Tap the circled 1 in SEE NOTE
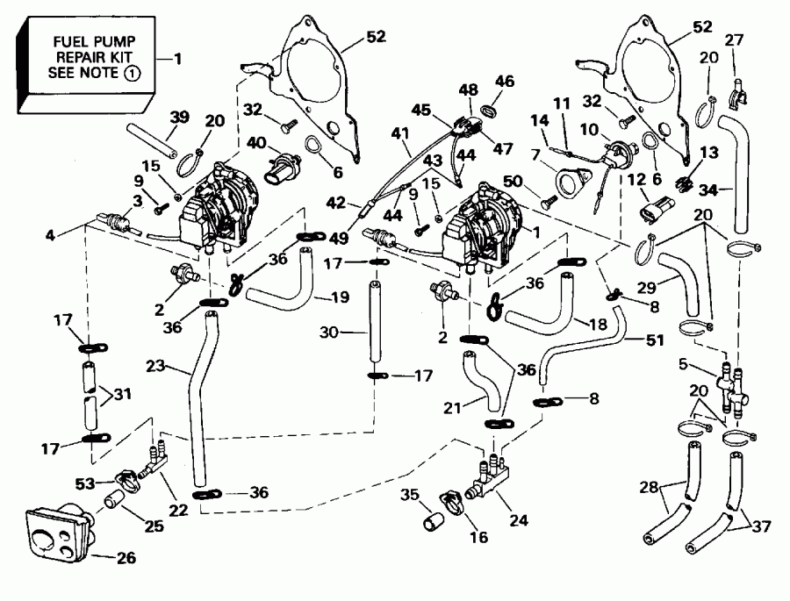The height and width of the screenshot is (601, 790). pos(129,75)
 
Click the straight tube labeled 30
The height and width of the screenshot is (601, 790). pos(376,330)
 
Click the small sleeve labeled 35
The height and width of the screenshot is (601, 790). pos(432,519)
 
